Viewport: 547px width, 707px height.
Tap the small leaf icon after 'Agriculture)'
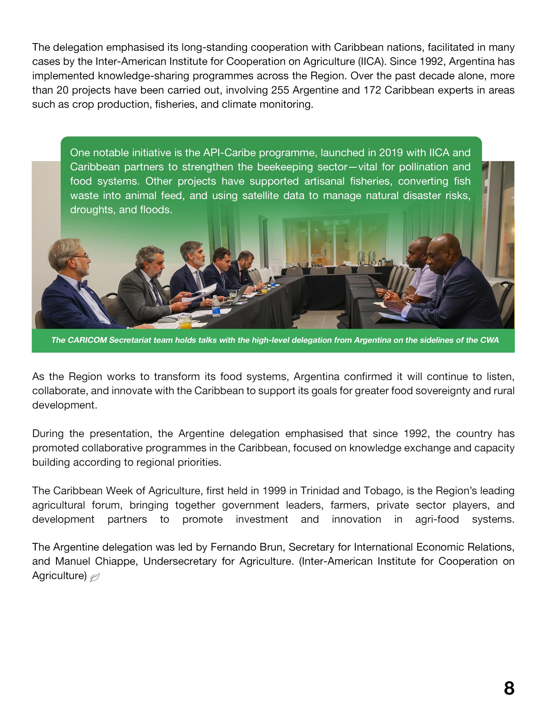tap(94, 577)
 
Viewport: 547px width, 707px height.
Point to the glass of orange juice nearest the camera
tap(185, 322)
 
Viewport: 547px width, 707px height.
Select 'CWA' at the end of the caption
tap(490, 340)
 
